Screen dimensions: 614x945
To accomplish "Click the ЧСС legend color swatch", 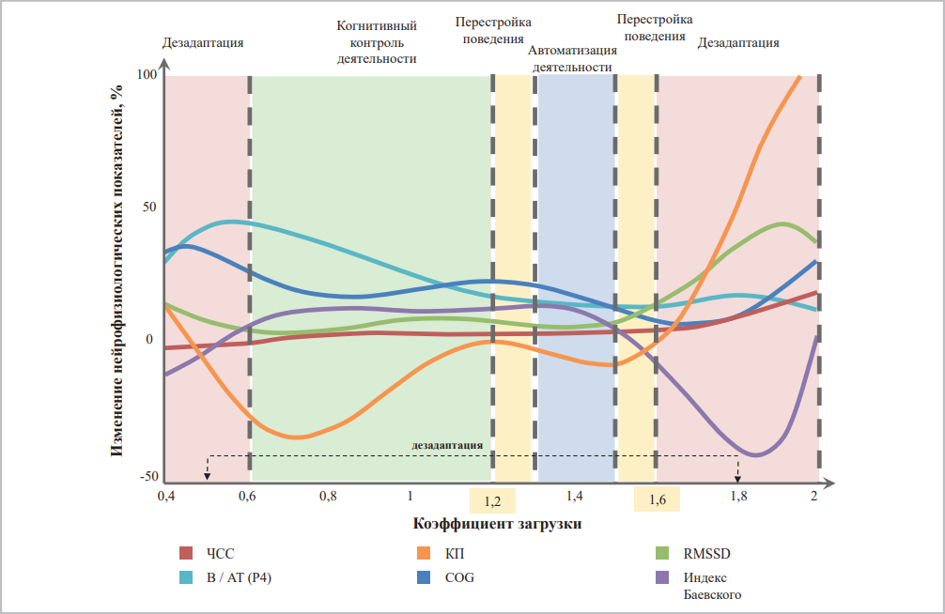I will coord(186,553).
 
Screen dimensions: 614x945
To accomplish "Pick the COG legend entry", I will coord(459,576).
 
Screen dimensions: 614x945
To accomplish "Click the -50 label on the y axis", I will coord(149,477).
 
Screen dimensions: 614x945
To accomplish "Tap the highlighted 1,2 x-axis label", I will coord(492,499).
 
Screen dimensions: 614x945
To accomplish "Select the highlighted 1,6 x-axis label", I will coord(657,499).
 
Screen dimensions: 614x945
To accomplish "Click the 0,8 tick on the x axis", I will coord(328,495).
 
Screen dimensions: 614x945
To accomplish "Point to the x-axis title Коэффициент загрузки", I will coord(496,523).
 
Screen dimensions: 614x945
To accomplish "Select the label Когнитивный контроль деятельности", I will coord(377,42).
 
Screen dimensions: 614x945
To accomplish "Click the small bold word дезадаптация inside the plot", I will coord(447,445).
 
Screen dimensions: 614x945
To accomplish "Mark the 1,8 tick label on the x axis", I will coord(738,495).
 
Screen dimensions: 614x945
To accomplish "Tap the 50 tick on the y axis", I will coord(149,207).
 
